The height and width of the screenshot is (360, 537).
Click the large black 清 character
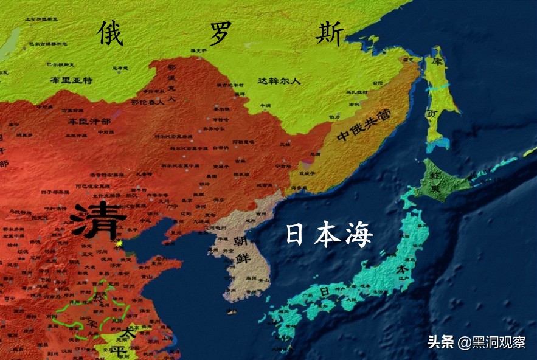click(x=97, y=220)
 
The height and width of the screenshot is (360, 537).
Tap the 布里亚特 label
click(x=71, y=80)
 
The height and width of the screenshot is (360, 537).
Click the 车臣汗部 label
click(x=89, y=122)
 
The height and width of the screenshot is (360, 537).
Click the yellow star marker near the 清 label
click(x=120, y=243)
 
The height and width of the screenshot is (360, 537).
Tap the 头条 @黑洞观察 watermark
click(x=476, y=342)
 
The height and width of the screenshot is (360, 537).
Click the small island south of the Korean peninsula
click(x=232, y=312)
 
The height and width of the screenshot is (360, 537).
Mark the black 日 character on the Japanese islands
click(x=324, y=292)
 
